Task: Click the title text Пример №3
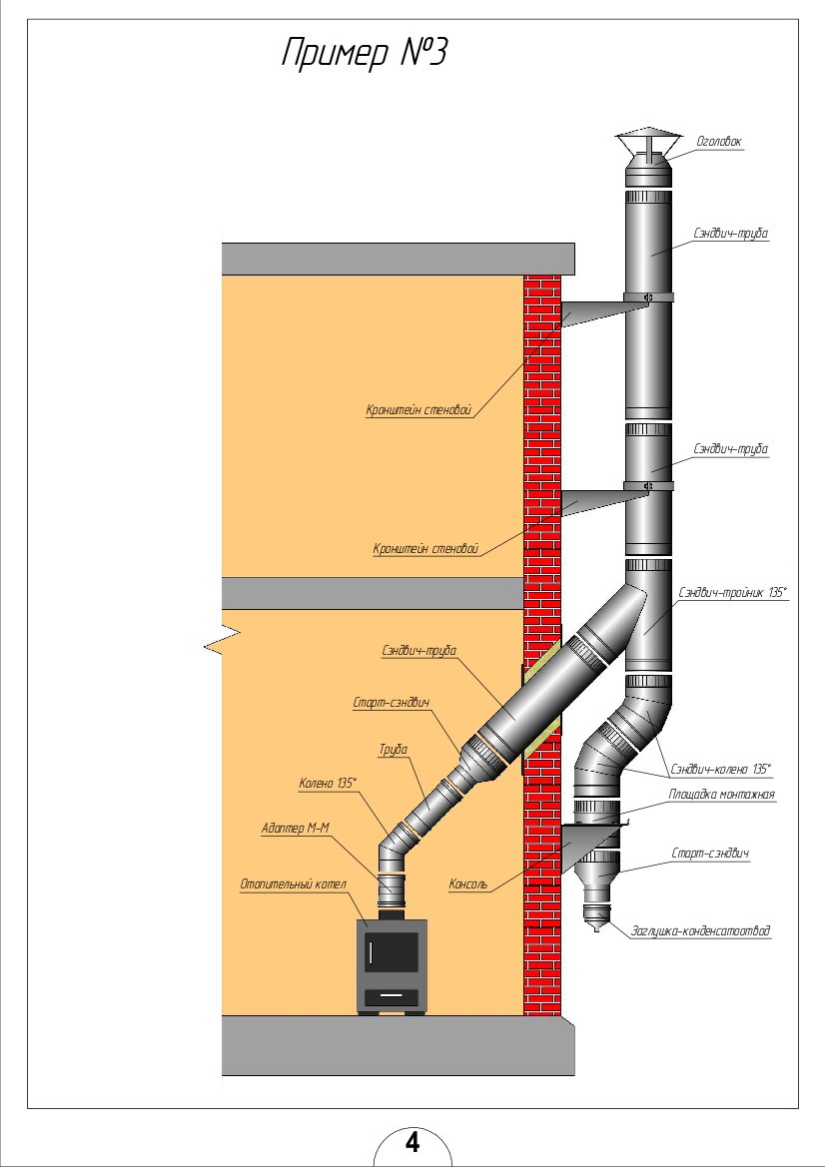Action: click(x=363, y=54)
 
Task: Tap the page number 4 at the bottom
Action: click(x=412, y=1141)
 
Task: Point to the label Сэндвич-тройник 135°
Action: click(x=732, y=592)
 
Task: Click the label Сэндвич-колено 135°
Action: click(x=721, y=770)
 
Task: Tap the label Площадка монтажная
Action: click(x=721, y=795)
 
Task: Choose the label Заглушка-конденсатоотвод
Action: click(x=700, y=931)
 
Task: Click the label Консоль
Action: click(x=468, y=883)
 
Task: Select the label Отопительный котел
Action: click(x=293, y=883)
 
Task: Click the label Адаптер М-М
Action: click(x=295, y=828)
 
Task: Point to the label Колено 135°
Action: click(x=327, y=783)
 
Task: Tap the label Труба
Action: click(x=393, y=747)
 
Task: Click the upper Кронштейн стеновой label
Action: click(x=417, y=409)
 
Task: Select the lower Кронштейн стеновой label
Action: click(x=425, y=548)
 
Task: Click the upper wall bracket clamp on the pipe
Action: click(x=648, y=297)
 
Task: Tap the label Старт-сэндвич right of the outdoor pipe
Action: click(x=710, y=855)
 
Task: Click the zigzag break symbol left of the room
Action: click(x=224, y=641)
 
